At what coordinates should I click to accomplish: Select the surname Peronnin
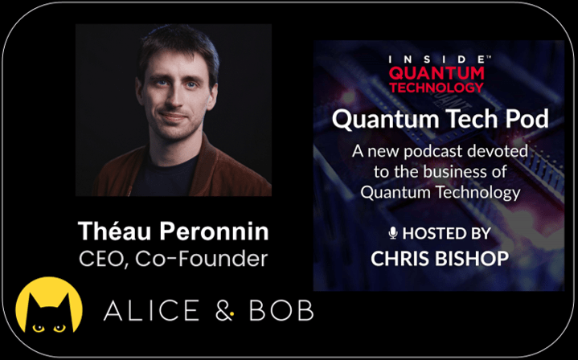tap(214, 231)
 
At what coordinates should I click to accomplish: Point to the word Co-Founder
tap(201, 259)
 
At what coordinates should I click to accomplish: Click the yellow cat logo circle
tap(49, 305)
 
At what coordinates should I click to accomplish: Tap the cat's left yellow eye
tap(38, 328)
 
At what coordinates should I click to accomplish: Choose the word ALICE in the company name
tap(151, 310)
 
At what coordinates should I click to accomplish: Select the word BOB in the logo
tap(281, 310)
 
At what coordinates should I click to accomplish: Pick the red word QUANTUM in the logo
tap(437, 73)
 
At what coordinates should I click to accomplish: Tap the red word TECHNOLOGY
tap(437, 88)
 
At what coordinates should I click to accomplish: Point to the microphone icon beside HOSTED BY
tap(393, 233)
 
